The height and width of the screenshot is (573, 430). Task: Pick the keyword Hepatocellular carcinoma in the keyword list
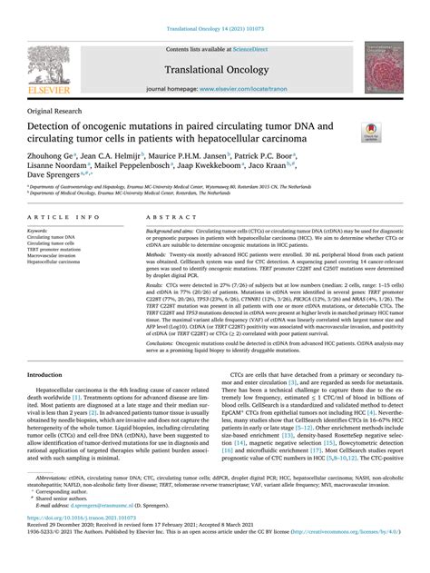(59, 262)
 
